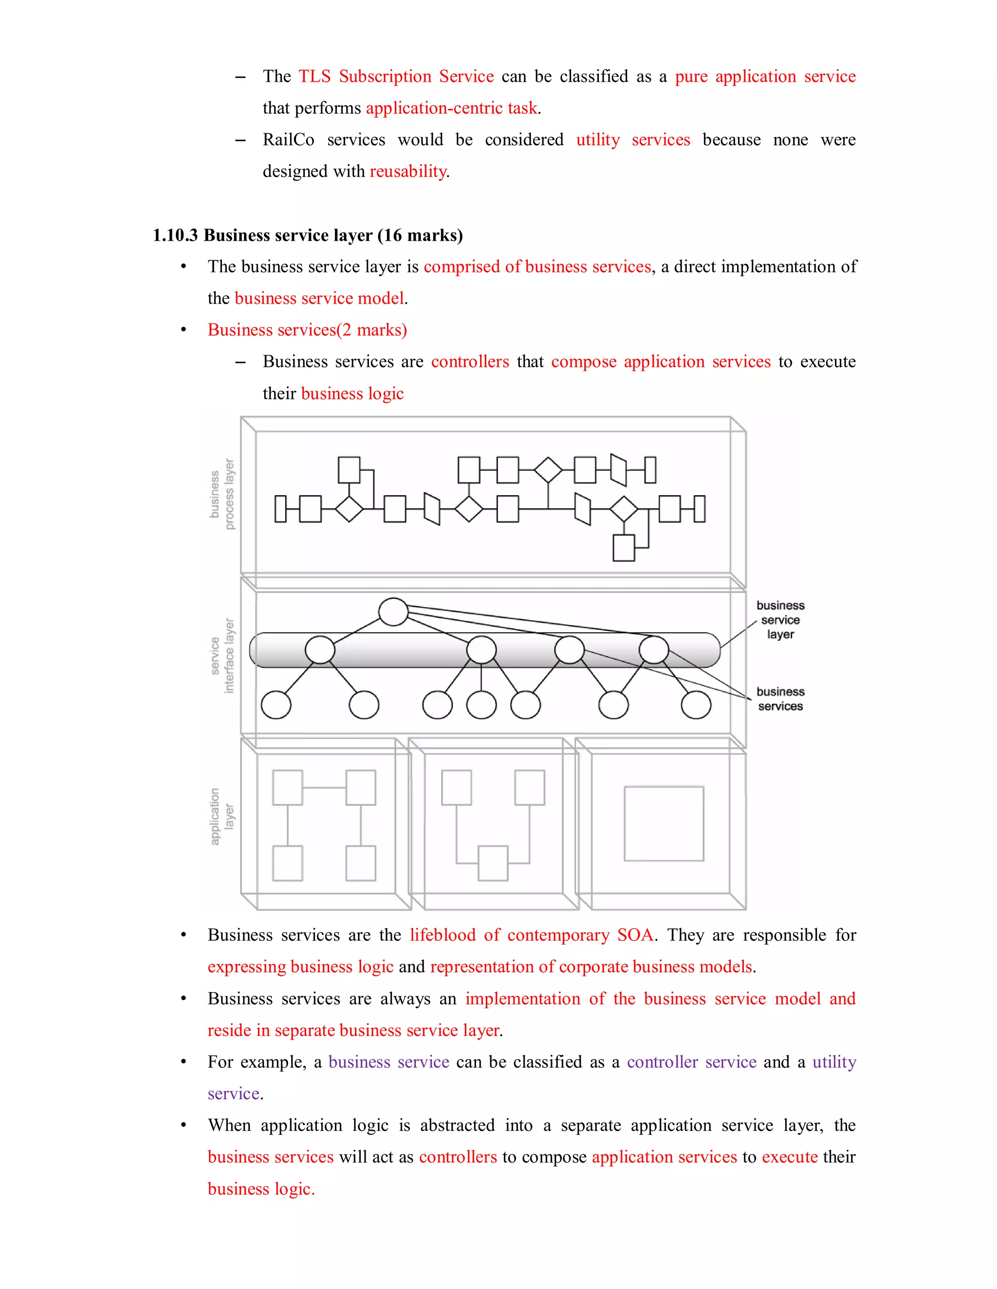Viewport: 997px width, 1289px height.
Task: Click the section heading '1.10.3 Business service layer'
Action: [x=307, y=235]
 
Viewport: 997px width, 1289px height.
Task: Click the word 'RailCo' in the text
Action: [x=288, y=140]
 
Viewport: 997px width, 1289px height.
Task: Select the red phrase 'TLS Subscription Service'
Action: [x=396, y=77]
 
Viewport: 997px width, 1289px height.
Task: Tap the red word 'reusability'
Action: [x=407, y=171]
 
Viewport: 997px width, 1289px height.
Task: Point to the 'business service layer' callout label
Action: [x=780, y=620]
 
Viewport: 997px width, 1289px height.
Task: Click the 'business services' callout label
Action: [x=780, y=699]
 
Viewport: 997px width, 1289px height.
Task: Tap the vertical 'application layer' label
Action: [x=222, y=816]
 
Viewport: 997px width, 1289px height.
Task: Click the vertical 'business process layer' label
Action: [x=222, y=495]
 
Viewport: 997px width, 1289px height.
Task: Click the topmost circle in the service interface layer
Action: [x=393, y=611]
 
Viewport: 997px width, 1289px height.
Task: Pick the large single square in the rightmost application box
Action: [x=664, y=824]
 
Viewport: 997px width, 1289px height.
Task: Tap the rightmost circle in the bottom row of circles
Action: [x=696, y=705]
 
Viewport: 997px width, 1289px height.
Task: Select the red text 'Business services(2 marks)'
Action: [x=307, y=330]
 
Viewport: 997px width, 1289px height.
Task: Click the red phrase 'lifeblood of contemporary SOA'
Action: [x=532, y=935]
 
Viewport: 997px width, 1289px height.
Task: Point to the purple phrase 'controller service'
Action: [x=691, y=1062]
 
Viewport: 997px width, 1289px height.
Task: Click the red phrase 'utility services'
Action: [x=632, y=140]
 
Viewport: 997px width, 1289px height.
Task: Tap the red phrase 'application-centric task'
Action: [x=452, y=108]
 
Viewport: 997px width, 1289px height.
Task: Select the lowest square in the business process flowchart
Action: [x=624, y=548]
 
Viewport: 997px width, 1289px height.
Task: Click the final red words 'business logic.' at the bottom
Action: [x=261, y=1189]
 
